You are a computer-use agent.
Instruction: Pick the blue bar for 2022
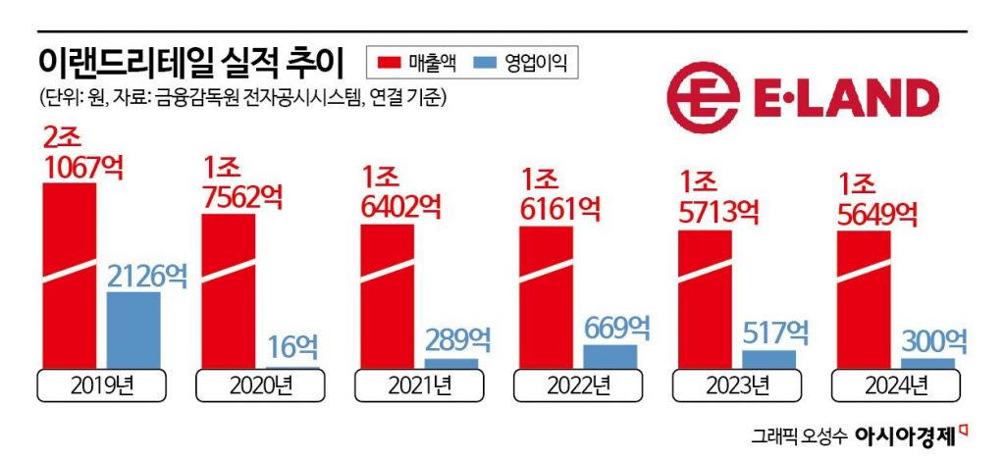pyautogui.click(x=609, y=357)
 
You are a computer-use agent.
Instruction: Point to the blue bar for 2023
pyautogui.click(x=768, y=360)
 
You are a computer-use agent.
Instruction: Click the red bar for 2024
pyautogui.click(x=863, y=300)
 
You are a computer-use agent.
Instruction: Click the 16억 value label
pyautogui.click(x=291, y=346)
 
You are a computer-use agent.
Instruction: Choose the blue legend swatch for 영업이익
pyautogui.click(x=487, y=64)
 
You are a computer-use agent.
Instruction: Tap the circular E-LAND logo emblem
pyautogui.click(x=703, y=98)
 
